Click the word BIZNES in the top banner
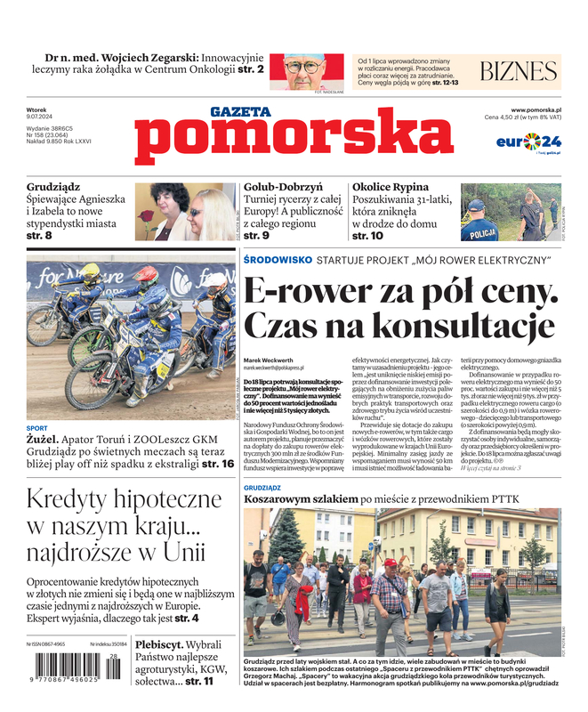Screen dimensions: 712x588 click(x=519, y=72)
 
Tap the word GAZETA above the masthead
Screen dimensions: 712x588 click(x=240, y=112)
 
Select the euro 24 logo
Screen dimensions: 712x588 click(x=528, y=142)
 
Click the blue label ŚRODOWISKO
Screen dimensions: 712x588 click(x=277, y=259)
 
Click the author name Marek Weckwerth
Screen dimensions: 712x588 click(x=268, y=360)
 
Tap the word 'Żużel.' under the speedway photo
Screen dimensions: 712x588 click(x=44, y=440)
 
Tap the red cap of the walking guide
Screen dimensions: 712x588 click(x=390, y=563)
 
